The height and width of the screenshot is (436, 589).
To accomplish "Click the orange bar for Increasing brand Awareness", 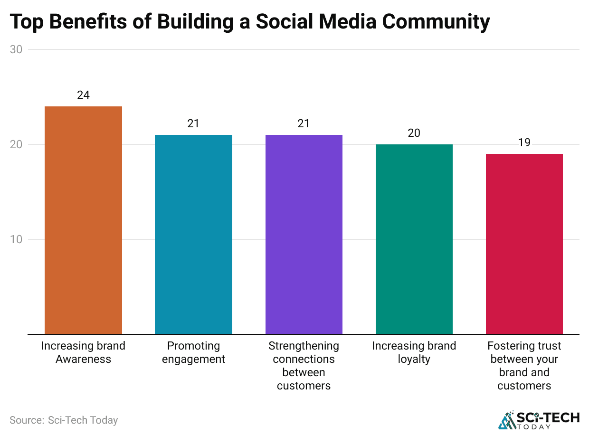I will [x=83, y=220].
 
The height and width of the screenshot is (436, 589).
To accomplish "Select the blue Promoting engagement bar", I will [x=193, y=234].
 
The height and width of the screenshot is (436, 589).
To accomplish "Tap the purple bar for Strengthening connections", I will [x=304, y=234].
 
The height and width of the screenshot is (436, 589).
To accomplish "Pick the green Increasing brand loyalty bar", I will [x=414, y=239].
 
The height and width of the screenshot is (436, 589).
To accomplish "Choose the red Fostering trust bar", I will [x=524, y=244].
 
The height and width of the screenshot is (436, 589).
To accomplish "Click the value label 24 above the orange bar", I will [x=83, y=95].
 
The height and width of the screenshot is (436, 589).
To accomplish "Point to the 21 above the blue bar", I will [x=193, y=123].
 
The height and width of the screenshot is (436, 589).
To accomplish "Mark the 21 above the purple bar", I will [x=304, y=123].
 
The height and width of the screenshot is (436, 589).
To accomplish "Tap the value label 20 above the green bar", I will [x=414, y=133].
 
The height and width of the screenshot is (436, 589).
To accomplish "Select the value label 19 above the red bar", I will [x=524, y=142].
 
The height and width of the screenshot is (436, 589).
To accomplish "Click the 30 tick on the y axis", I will [x=16, y=49].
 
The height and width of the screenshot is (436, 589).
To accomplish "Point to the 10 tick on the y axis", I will [x=16, y=239].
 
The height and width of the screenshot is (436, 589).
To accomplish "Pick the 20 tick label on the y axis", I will [x=16, y=144].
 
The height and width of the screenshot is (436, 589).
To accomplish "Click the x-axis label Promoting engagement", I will [x=193, y=352].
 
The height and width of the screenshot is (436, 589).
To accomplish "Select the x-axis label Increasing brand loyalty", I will [x=414, y=352].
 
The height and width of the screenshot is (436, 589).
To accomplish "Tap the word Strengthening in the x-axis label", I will [x=304, y=346].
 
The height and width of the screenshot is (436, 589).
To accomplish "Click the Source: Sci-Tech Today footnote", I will [x=64, y=420].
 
